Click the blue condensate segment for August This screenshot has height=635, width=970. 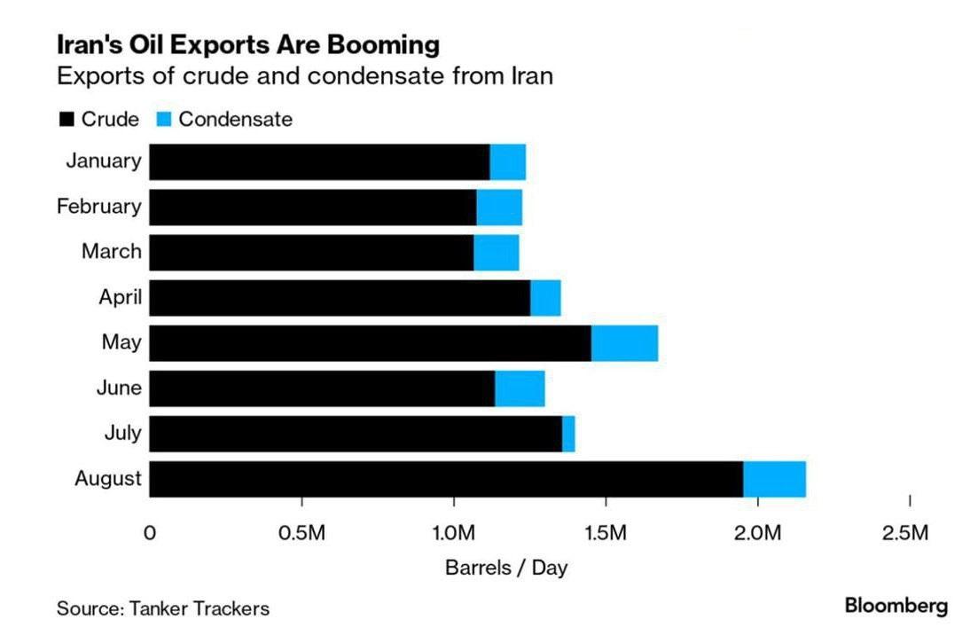point(774,479)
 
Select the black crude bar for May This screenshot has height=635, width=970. point(370,343)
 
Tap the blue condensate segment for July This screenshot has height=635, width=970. point(568,434)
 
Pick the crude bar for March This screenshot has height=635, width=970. point(311,253)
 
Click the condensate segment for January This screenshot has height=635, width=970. point(508,162)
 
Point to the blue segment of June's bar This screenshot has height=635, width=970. point(520,388)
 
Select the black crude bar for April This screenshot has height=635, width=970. point(340,298)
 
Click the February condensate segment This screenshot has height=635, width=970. point(499,208)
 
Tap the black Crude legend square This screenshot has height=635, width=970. point(66,120)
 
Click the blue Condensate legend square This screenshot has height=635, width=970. point(163,120)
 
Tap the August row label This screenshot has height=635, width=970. point(107,479)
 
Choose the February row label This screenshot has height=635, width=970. point(98,208)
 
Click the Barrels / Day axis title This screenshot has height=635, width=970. point(506,568)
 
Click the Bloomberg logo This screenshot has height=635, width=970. point(896,607)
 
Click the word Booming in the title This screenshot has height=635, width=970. point(387,43)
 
